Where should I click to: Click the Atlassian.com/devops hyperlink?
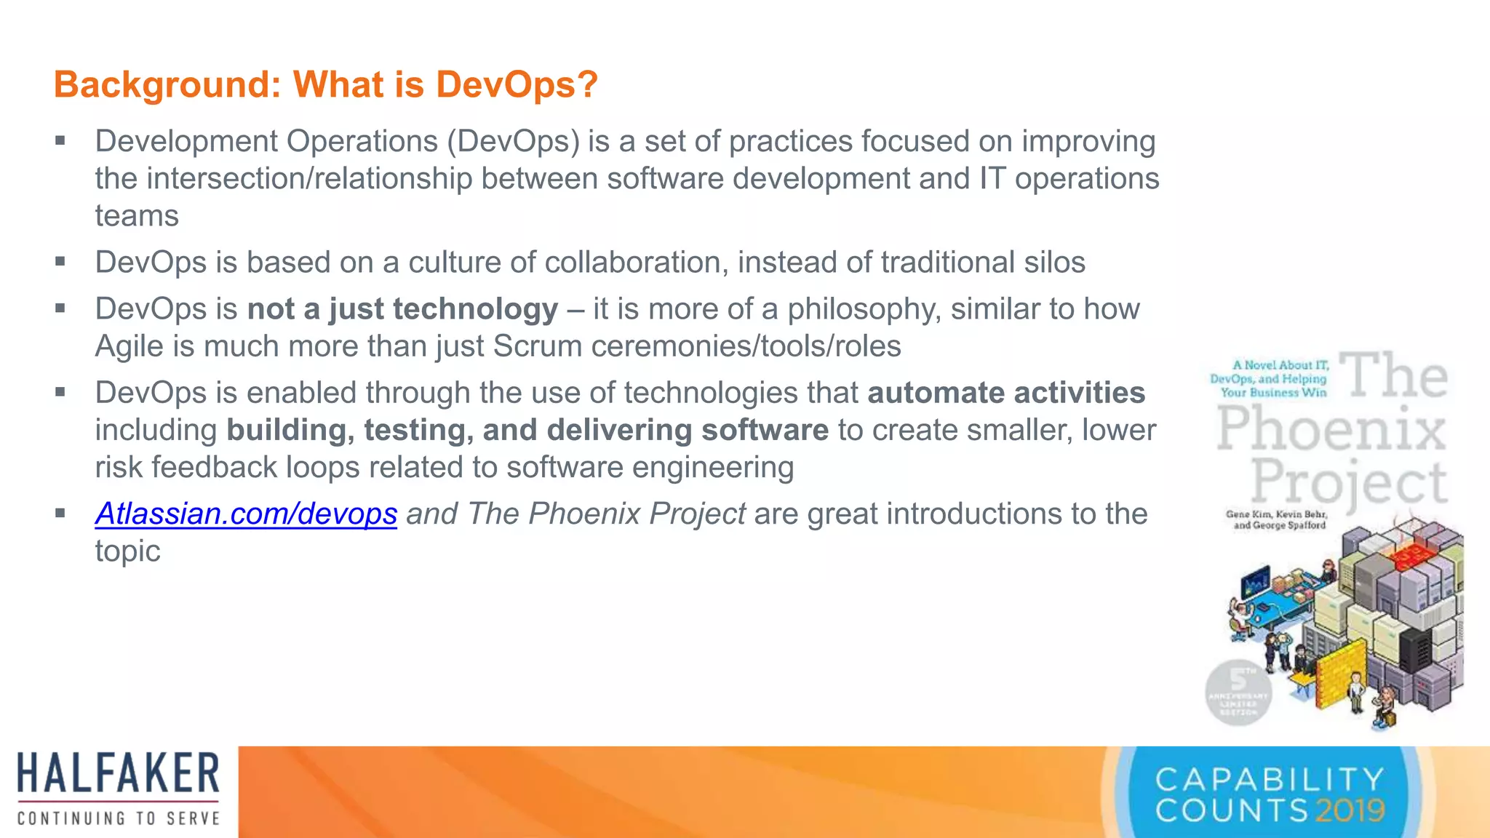(x=246, y=514)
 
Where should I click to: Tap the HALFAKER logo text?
(x=119, y=773)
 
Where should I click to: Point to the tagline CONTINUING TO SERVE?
(x=119, y=818)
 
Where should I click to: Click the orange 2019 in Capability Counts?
(x=1350, y=810)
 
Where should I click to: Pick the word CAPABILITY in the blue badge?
(x=1270, y=780)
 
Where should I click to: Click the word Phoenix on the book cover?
(x=1331, y=429)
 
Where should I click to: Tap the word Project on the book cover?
(x=1350, y=482)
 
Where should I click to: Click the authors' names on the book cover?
(x=1277, y=519)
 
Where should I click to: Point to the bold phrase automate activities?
(x=1006, y=393)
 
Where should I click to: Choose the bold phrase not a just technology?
(x=402, y=309)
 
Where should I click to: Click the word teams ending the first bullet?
(x=137, y=216)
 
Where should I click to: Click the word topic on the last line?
(x=127, y=551)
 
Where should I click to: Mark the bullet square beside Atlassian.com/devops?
(x=60, y=513)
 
